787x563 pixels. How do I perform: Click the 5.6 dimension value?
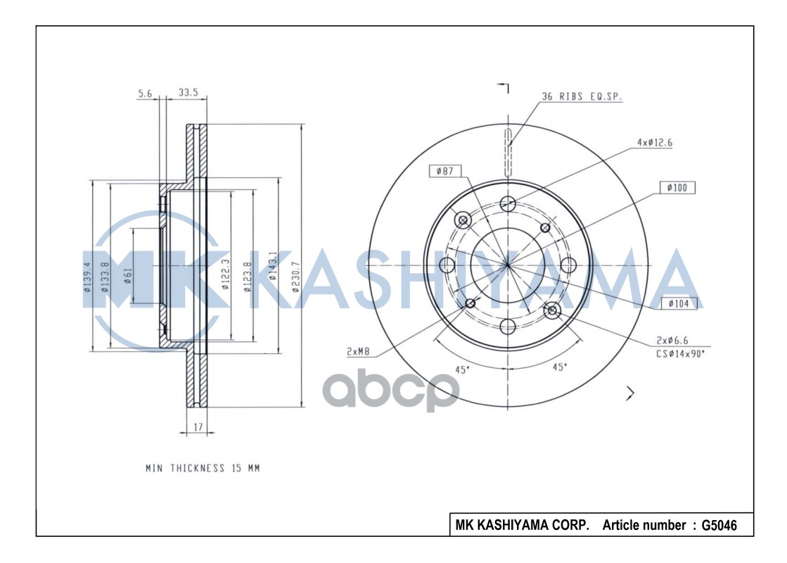point(144,92)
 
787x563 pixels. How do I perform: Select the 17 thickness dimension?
point(198,426)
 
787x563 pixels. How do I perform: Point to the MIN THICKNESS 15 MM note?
point(203,468)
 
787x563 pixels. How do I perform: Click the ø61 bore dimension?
point(127,274)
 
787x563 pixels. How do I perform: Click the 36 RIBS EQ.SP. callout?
point(582,97)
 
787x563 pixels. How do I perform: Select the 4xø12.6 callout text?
point(655,142)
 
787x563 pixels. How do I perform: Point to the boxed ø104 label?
point(679,304)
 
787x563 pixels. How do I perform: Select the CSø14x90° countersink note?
point(680,354)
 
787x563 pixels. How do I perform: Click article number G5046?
point(719,525)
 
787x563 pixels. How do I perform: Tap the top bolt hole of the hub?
point(508,204)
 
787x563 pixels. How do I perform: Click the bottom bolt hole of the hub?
point(508,326)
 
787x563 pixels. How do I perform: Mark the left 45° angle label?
point(461,369)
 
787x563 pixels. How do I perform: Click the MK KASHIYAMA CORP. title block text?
point(523,525)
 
